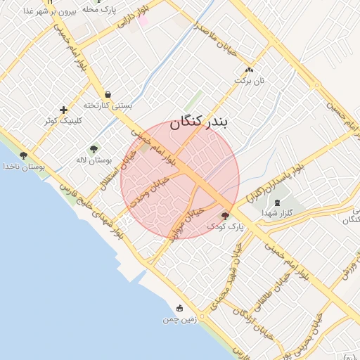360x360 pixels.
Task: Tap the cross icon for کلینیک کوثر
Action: pos(64,110)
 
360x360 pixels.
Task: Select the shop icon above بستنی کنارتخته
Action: pos(108,94)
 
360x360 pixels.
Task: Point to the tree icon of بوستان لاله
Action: pos(94,148)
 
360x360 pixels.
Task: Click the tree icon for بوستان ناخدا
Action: pos(23,155)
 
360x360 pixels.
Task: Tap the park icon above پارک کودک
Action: pos(225,216)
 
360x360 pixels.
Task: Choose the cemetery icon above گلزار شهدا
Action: pos(276,202)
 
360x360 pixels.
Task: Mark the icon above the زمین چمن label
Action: pos(179,308)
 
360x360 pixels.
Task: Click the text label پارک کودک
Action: pos(225,227)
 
